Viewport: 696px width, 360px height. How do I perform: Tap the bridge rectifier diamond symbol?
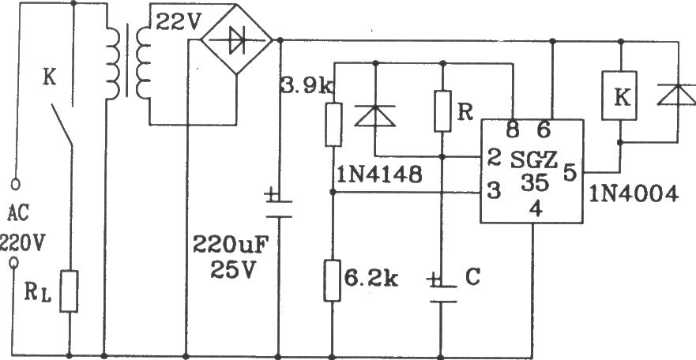[x=236, y=40]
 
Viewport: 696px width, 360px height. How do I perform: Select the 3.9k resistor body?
[x=333, y=125]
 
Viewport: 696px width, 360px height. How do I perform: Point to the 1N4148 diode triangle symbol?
[x=375, y=116]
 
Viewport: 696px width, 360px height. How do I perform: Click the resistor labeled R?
[x=442, y=111]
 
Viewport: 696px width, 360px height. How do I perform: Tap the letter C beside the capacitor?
[x=472, y=277]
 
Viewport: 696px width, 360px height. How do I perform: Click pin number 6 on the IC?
[x=544, y=130]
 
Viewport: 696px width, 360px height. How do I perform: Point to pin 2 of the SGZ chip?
[x=493, y=157]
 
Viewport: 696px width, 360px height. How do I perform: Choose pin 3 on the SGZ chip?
[x=494, y=191]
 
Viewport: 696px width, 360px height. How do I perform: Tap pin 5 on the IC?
[x=570, y=172]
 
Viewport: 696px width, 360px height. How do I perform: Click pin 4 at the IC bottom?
[x=536, y=209]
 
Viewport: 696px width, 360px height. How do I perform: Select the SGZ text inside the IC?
[x=534, y=160]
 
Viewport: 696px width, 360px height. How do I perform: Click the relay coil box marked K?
[x=619, y=95]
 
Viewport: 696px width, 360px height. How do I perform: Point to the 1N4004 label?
[x=634, y=193]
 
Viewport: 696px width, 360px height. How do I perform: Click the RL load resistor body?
[x=70, y=291]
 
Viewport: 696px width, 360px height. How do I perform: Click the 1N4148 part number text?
[x=379, y=177]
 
